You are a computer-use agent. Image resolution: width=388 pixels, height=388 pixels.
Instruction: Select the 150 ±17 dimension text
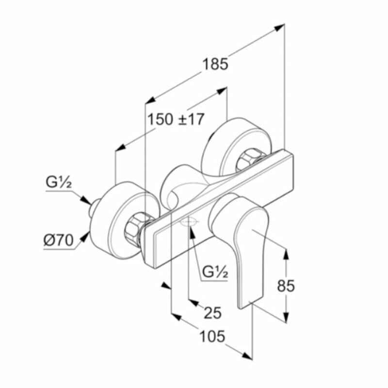click(x=176, y=119)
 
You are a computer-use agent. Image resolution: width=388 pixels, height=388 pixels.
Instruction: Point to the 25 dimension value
click(x=212, y=313)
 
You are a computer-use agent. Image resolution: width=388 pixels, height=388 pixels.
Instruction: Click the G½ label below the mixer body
click(x=215, y=273)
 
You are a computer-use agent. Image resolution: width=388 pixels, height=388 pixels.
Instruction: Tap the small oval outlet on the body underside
click(x=189, y=223)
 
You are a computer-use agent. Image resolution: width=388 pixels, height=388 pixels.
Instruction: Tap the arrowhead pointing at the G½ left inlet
click(x=86, y=200)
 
